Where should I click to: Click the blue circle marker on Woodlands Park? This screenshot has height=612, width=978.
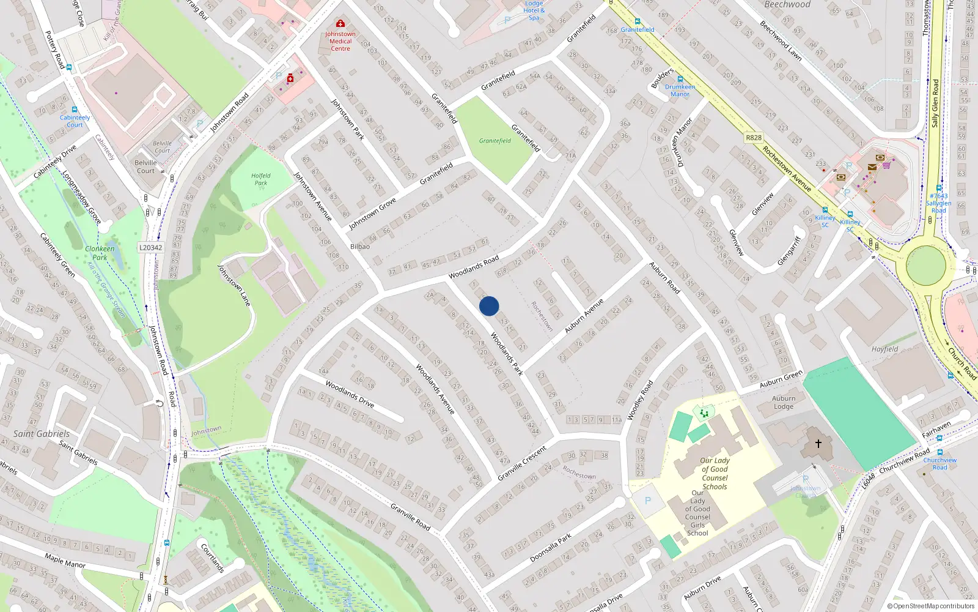489,306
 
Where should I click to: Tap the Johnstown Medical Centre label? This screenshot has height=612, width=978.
340,41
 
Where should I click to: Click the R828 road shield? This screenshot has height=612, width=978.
754,138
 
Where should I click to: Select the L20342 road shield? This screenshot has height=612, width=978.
150,248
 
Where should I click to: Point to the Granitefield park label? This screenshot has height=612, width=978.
495,141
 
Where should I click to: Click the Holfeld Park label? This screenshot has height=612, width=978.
261,179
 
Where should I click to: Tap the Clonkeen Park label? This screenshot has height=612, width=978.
100,253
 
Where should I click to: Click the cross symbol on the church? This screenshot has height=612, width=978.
818,443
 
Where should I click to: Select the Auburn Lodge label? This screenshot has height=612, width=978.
784,402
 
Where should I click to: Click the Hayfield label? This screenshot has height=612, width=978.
884,349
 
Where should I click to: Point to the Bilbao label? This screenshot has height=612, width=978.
360,247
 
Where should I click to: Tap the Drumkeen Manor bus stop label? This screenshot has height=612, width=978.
680,91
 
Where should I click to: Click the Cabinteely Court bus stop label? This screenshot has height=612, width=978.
75,121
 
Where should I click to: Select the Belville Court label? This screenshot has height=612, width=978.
146,166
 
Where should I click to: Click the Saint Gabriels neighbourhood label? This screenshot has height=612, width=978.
42,434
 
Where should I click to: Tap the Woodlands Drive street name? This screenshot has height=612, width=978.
350,394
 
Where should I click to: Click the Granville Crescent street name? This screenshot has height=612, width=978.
522,463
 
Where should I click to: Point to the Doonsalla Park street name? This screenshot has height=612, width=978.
550,548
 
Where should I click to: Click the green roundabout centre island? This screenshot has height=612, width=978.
926,265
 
